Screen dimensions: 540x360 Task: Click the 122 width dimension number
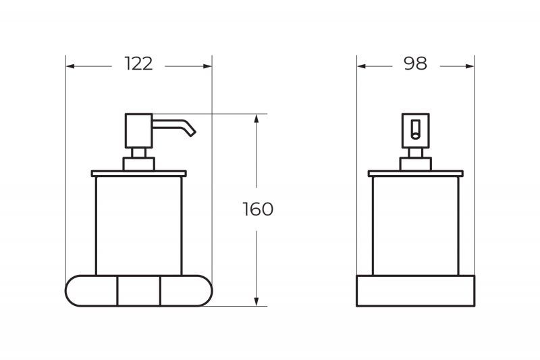pos(138,63)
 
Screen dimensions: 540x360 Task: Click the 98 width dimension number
pos(416,63)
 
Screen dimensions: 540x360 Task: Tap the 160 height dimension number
pos(258,209)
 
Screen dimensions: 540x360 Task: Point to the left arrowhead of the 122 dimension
pos(70,66)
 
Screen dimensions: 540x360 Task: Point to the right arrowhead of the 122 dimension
pos(208,66)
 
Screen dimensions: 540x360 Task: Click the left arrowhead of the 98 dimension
pos(361,66)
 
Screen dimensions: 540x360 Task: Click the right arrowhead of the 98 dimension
pos(470,66)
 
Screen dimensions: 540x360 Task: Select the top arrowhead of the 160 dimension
pos(256,118)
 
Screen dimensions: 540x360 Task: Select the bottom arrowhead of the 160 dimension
pos(256,301)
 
